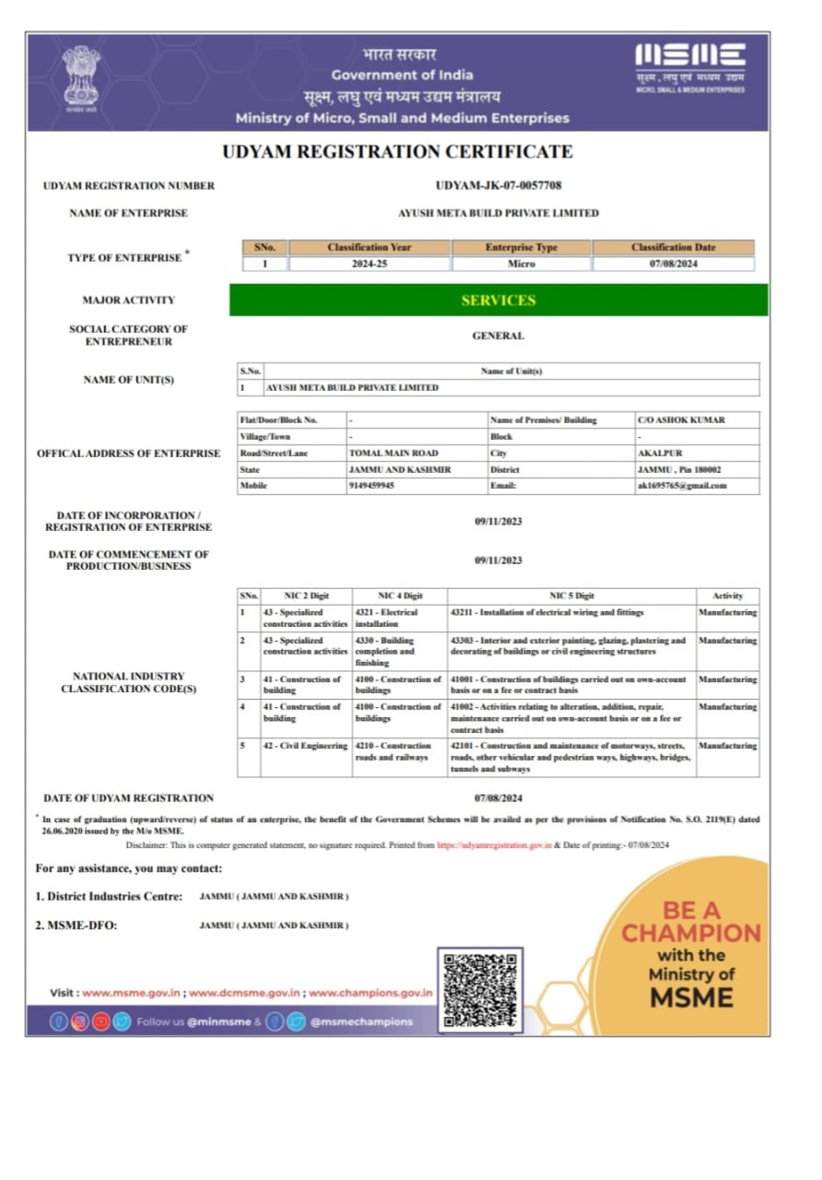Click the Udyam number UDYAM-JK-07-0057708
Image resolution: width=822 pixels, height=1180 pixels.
coord(498,185)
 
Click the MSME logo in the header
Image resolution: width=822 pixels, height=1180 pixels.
coord(690,67)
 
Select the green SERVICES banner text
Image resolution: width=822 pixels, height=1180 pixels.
coord(498,301)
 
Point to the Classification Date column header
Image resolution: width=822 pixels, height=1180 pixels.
coord(673,247)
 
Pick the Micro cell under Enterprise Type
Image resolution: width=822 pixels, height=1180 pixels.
coord(521,264)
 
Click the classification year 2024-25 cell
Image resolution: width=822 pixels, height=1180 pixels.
coord(369,264)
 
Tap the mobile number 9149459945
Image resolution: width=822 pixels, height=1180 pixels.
coord(371,486)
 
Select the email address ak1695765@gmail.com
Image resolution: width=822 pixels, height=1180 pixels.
coord(682,486)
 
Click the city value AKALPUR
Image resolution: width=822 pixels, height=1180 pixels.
coord(660,453)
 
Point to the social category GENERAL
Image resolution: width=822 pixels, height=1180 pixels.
coord(498,336)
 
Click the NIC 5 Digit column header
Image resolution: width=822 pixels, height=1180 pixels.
coord(572,596)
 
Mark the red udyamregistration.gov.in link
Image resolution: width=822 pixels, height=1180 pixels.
coord(494,844)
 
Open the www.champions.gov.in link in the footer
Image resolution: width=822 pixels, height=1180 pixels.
coord(370,993)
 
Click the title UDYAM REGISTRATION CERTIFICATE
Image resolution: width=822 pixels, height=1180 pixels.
coord(397,152)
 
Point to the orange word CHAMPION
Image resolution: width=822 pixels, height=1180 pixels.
coord(691,933)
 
